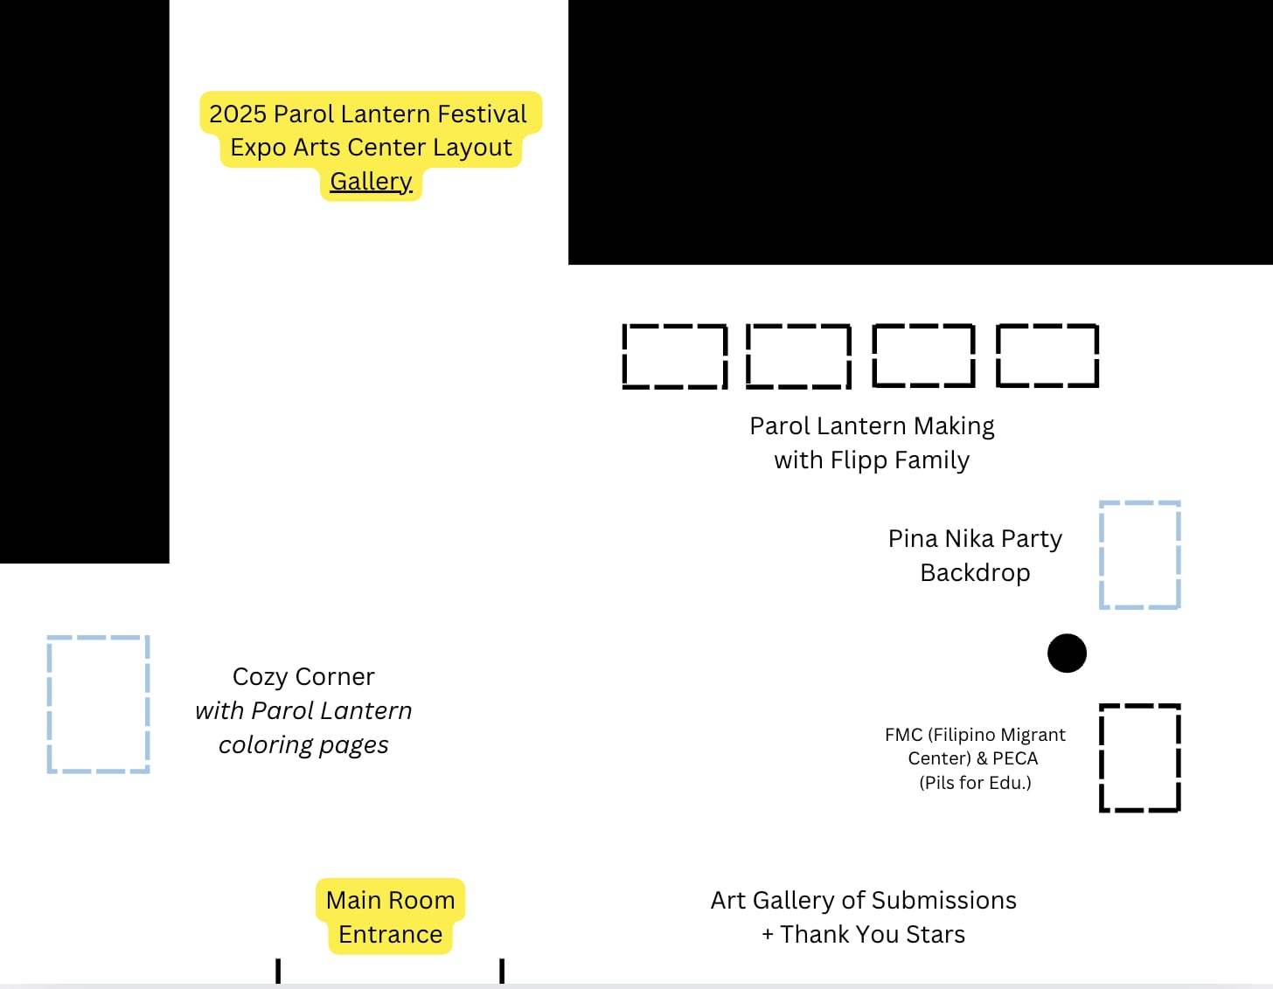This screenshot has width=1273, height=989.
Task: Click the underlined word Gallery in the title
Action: (x=371, y=182)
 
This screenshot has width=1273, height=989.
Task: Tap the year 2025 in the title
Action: (x=237, y=114)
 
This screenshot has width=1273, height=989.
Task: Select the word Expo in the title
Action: (x=258, y=148)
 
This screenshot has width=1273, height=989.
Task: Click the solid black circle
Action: (x=1067, y=654)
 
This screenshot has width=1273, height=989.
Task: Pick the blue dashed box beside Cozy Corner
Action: (x=98, y=704)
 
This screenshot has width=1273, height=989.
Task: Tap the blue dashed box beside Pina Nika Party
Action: (x=1139, y=555)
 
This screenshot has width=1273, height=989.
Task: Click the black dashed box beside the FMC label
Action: (x=1139, y=757)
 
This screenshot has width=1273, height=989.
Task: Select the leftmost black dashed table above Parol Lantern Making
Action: (x=674, y=356)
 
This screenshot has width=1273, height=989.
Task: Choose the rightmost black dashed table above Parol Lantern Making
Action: (x=1047, y=356)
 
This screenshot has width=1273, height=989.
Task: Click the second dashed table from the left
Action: (x=798, y=356)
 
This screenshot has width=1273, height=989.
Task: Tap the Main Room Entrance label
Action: (x=390, y=916)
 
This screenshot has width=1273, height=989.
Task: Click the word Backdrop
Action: (x=975, y=573)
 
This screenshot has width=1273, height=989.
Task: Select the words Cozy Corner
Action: (x=303, y=677)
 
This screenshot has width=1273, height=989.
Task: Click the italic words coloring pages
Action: (x=303, y=745)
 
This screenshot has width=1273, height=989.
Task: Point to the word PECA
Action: (x=1015, y=758)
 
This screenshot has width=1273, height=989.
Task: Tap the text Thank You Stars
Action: (x=873, y=935)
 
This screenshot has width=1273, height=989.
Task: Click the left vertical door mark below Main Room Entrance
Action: (x=278, y=971)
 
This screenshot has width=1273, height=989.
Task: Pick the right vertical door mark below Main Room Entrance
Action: (x=502, y=971)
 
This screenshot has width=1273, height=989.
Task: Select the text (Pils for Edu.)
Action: (x=975, y=783)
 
